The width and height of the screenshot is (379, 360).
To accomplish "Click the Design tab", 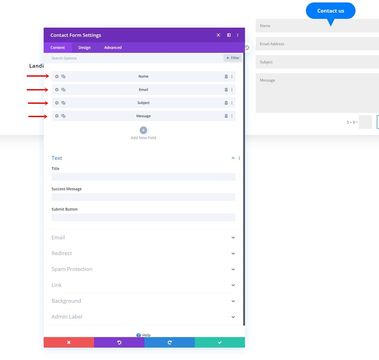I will pyautogui.click(x=84, y=47).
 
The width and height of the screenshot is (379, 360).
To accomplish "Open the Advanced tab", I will pyautogui.click(x=113, y=47).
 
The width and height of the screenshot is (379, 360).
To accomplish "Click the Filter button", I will pyautogui.click(x=233, y=58).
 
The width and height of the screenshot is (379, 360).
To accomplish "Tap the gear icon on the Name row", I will pyautogui.click(x=57, y=77).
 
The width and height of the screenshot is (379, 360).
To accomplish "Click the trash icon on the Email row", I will pyautogui.click(x=226, y=90).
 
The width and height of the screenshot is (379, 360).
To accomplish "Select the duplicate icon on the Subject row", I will pyautogui.click(x=63, y=103).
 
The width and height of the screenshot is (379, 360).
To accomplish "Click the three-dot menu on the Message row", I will pyautogui.click(x=232, y=116).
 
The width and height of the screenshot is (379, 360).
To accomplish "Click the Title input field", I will pyautogui.click(x=143, y=177).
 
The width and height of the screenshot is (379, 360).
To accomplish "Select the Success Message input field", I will pyautogui.click(x=143, y=197).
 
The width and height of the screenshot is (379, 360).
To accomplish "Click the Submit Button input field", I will pyautogui.click(x=143, y=217).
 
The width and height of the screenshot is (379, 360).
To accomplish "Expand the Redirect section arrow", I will pyautogui.click(x=233, y=254).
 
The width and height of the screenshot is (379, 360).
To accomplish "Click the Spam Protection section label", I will pyautogui.click(x=72, y=269).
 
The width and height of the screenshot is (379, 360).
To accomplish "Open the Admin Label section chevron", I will pyautogui.click(x=233, y=317).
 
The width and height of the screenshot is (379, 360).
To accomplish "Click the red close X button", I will pyautogui.click(x=68, y=342).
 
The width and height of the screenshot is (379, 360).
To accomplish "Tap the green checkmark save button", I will pyautogui.click(x=220, y=342).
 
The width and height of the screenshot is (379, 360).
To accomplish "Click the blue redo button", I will pyautogui.click(x=169, y=342).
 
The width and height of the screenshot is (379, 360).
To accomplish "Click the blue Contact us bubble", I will pyautogui.click(x=330, y=11).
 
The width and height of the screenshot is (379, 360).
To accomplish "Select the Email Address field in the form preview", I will pyautogui.click(x=317, y=44).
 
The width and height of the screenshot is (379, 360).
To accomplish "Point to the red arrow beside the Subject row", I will pyautogui.click(x=38, y=103).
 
